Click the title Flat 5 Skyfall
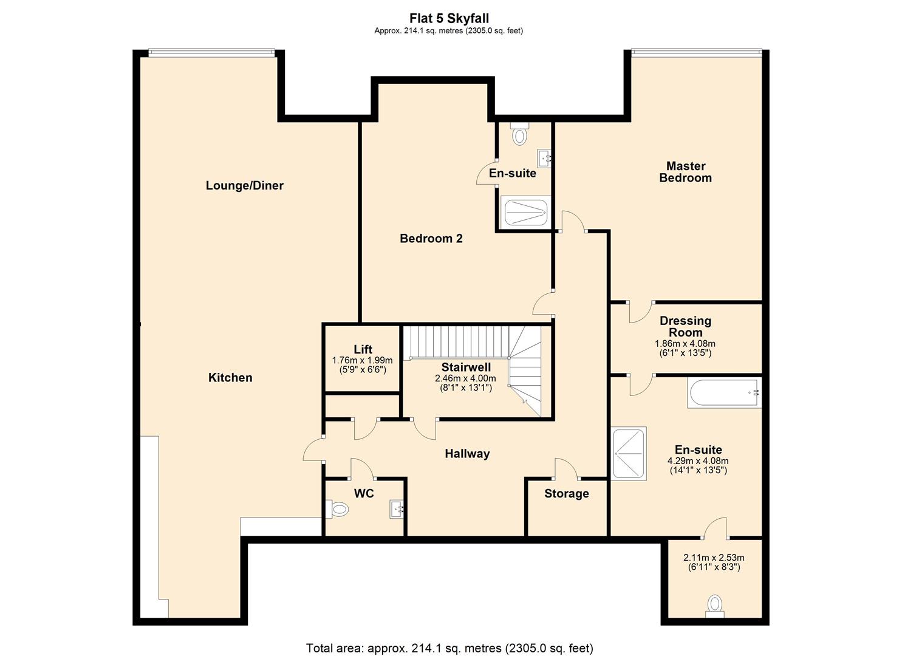point(449,19)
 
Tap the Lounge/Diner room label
point(244,186)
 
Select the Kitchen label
point(230,378)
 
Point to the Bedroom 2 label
point(431,239)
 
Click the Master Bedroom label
point(685,172)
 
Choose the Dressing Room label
point(685,326)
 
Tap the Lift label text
point(363,349)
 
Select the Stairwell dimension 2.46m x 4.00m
point(465,378)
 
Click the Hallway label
point(466,454)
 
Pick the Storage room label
point(566,494)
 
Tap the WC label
point(364,494)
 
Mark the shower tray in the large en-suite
point(629,453)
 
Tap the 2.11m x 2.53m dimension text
point(714,558)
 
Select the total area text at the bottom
point(449,648)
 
